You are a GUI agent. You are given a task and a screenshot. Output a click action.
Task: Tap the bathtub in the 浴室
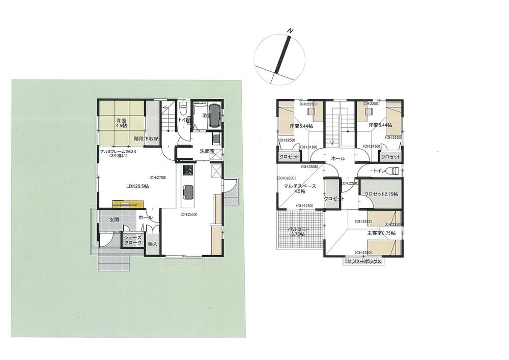[x=214, y=117]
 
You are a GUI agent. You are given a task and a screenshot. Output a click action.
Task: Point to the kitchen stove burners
[x=187, y=170]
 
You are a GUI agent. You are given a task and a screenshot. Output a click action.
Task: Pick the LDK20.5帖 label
[x=137, y=186]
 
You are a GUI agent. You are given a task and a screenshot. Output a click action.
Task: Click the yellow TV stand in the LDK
[x=128, y=205]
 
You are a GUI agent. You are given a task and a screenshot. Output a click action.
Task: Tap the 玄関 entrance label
[x=114, y=219]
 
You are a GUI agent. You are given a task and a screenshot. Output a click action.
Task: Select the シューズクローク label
[x=133, y=240]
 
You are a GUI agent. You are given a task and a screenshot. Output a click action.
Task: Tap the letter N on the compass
[x=290, y=32]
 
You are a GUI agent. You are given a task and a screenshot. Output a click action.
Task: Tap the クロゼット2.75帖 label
[x=381, y=195]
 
